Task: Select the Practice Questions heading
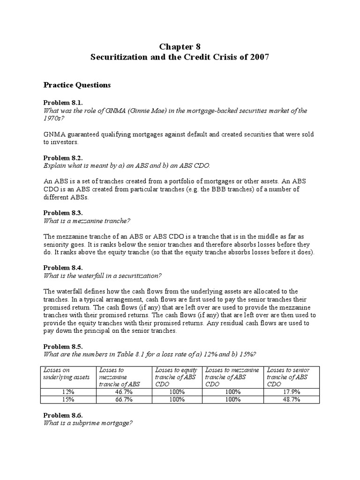[77, 85]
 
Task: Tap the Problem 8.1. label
[63, 103]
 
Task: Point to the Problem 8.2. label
[63, 158]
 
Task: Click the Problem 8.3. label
[63, 212]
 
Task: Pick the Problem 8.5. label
[63, 346]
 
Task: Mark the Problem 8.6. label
[63, 415]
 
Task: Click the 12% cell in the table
[68, 392]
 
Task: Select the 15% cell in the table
[68, 399]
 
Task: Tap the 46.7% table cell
[124, 392]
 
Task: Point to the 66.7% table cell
[124, 399]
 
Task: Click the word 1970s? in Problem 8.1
[54, 119]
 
